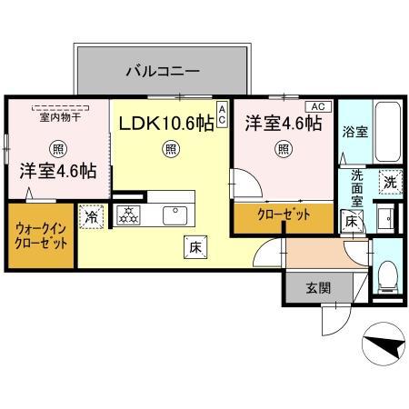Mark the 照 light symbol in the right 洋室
[284, 149]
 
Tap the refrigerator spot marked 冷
[92, 216]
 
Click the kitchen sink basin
[174, 214]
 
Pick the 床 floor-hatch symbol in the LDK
[195, 244]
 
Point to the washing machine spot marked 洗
[388, 181]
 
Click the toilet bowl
[385, 273]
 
